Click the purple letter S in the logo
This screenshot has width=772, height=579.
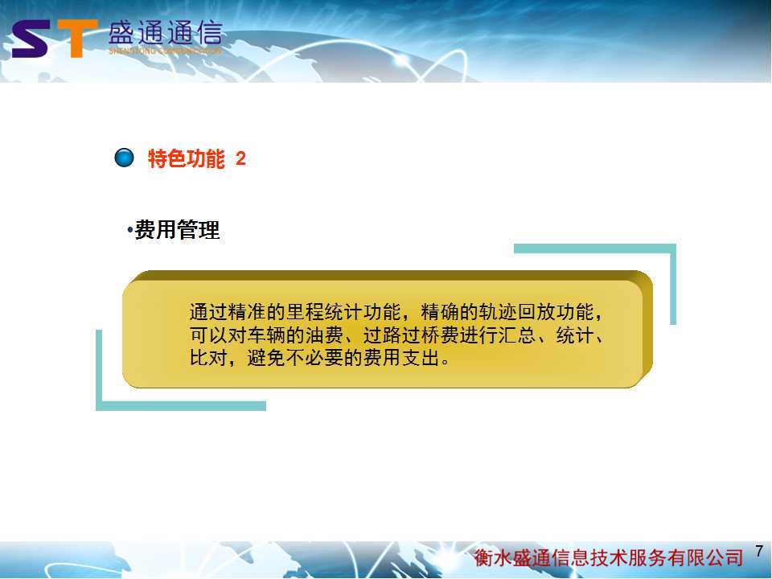[x=31, y=39]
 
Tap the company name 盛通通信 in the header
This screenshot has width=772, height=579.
[x=166, y=34]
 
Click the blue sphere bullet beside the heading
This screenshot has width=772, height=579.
[x=124, y=158]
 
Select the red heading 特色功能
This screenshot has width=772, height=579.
[x=186, y=158]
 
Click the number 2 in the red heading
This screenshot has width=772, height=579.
[x=240, y=158]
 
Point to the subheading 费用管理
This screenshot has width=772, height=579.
[x=177, y=230]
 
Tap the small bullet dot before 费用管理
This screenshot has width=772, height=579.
[x=130, y=230]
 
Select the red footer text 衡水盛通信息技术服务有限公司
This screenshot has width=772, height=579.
[x=609, y=557]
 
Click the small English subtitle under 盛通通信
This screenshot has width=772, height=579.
[x=166, y=51]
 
